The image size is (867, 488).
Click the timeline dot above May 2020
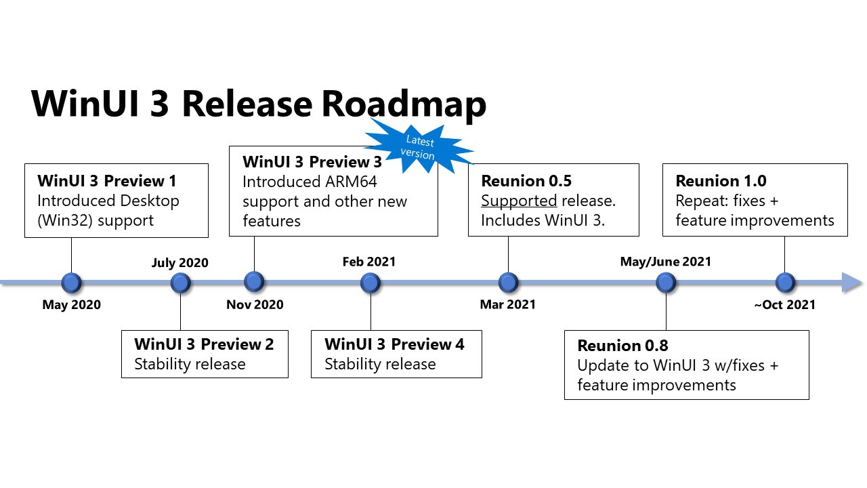[71, 283]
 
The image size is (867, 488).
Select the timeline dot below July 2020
[180, 283]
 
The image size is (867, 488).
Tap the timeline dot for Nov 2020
[254, 282]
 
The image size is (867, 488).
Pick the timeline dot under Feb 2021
[371, 283]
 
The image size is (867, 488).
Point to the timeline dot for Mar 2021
[508, 283]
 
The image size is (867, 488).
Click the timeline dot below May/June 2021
[666, 283]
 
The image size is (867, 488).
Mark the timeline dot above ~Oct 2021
[785, 283]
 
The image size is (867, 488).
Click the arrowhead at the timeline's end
[851, 283]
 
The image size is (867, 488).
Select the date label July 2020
[180, 262]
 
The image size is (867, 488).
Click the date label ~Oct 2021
[785, 305]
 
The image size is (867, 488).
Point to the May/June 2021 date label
[666, 262]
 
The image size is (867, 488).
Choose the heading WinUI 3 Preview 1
[107, 181]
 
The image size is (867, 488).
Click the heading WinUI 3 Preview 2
[204, 344]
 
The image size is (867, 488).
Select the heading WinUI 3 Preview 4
[394, 344]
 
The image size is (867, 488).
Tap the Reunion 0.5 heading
[526, 181]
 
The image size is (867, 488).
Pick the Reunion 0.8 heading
[622, 346]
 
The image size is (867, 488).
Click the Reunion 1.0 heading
[721, 181]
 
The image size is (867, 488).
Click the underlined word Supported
[519, 201]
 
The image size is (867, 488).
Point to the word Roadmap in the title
[404, 104]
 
